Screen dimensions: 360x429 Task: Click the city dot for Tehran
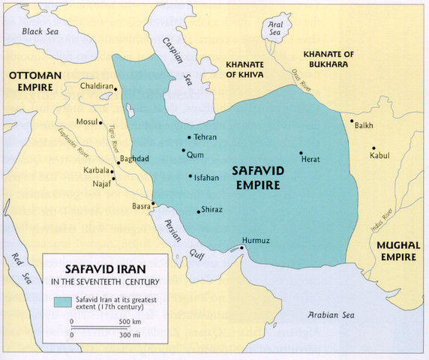click(189, 137)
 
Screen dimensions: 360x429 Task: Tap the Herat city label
click(310, 160)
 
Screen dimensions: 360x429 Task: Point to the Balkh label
click(363, 126)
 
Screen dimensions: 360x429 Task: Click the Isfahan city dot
click(190, 176)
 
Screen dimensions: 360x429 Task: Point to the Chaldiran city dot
click(117, 88)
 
